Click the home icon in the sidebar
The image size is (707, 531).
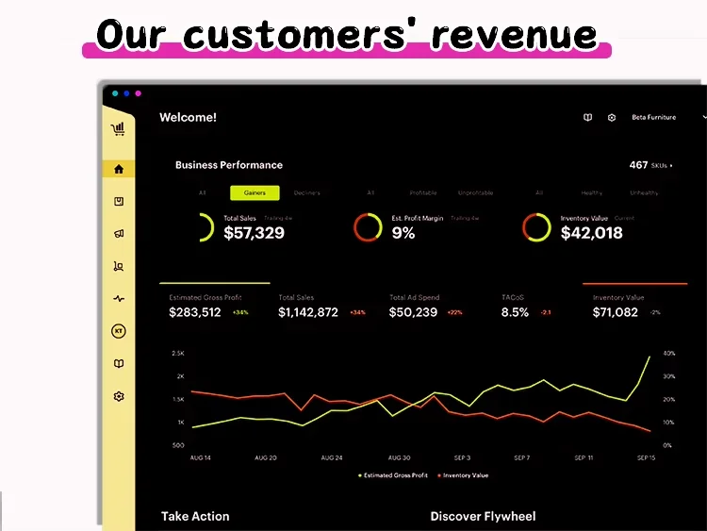(x=119, y=170)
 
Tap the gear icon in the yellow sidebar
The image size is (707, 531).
(x=119, y=396)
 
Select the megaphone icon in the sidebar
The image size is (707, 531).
(x=119, y=234)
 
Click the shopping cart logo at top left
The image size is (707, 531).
(x=118, y=129)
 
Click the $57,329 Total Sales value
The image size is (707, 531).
(x=254, y=233)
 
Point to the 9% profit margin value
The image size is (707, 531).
(x=403, y=233)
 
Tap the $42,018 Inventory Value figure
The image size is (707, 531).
(x=591, y=233)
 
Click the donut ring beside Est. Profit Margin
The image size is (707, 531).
(x=367, y=227)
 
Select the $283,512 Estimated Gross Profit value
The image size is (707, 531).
(x=195, y=312)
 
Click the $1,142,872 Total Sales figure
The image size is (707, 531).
(x=308, y=312)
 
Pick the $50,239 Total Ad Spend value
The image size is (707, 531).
(x=414, y=312)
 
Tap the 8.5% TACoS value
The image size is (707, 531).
(x=515, y=312)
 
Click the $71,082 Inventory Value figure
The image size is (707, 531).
(x=616, y=312)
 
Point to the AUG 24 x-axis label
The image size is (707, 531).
(x=332, y=457)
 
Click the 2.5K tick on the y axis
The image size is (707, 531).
(x=177, y=353)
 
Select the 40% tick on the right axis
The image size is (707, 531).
(x=669, y=353)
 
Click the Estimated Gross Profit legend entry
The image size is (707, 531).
(x=394, y=475)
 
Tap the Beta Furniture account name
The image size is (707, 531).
(x=653, y=118)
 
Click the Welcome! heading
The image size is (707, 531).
(x=188, y=118)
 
